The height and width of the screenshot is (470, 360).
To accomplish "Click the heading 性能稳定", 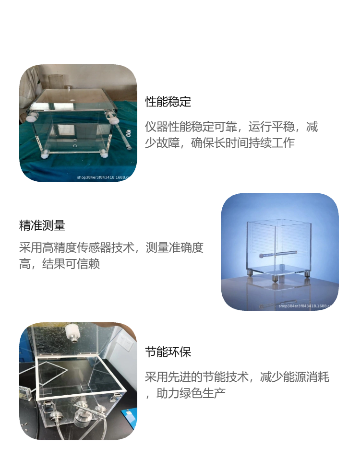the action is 168,102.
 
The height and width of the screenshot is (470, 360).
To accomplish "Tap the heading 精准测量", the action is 42,225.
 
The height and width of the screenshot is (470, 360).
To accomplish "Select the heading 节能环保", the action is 168,352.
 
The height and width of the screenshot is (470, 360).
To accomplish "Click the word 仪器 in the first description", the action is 156,127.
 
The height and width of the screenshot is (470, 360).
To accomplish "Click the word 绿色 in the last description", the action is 191,393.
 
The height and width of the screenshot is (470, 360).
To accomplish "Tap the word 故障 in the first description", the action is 168,143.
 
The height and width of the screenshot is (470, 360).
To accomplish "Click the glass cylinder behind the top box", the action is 55,82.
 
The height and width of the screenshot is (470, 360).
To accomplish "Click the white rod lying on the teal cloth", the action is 127,138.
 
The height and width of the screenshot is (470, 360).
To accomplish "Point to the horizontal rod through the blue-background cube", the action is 278,255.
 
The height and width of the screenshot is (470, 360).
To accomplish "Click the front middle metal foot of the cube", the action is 275,279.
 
